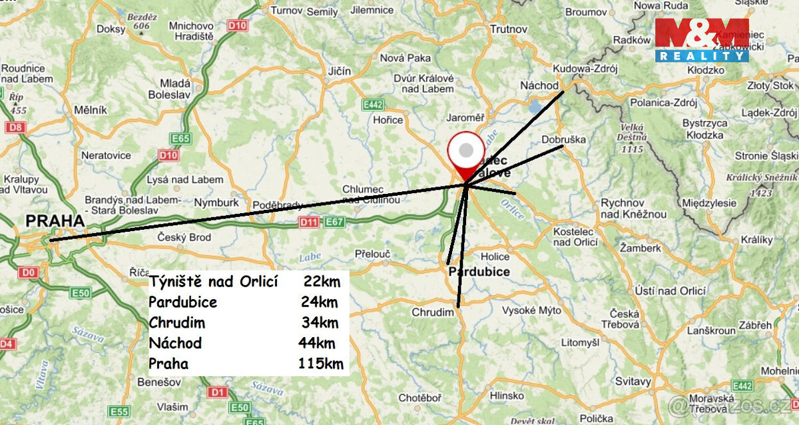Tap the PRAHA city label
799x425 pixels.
tap(55, 220)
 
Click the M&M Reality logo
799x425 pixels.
tap(702, 40)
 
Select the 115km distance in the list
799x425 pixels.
tap(321, 364)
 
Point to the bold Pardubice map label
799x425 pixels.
tap(479, 272)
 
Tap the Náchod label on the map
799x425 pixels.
tap(539, 86)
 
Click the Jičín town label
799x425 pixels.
tap(339, 70)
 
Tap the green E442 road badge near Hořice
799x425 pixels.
tap(372, 105)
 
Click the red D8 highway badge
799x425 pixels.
tap(14, 127)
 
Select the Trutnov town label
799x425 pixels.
tap(508, 29)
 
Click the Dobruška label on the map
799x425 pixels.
tap(563, 140)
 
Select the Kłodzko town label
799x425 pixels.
tap(705, 69)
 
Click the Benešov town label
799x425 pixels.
tap(156, 382)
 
